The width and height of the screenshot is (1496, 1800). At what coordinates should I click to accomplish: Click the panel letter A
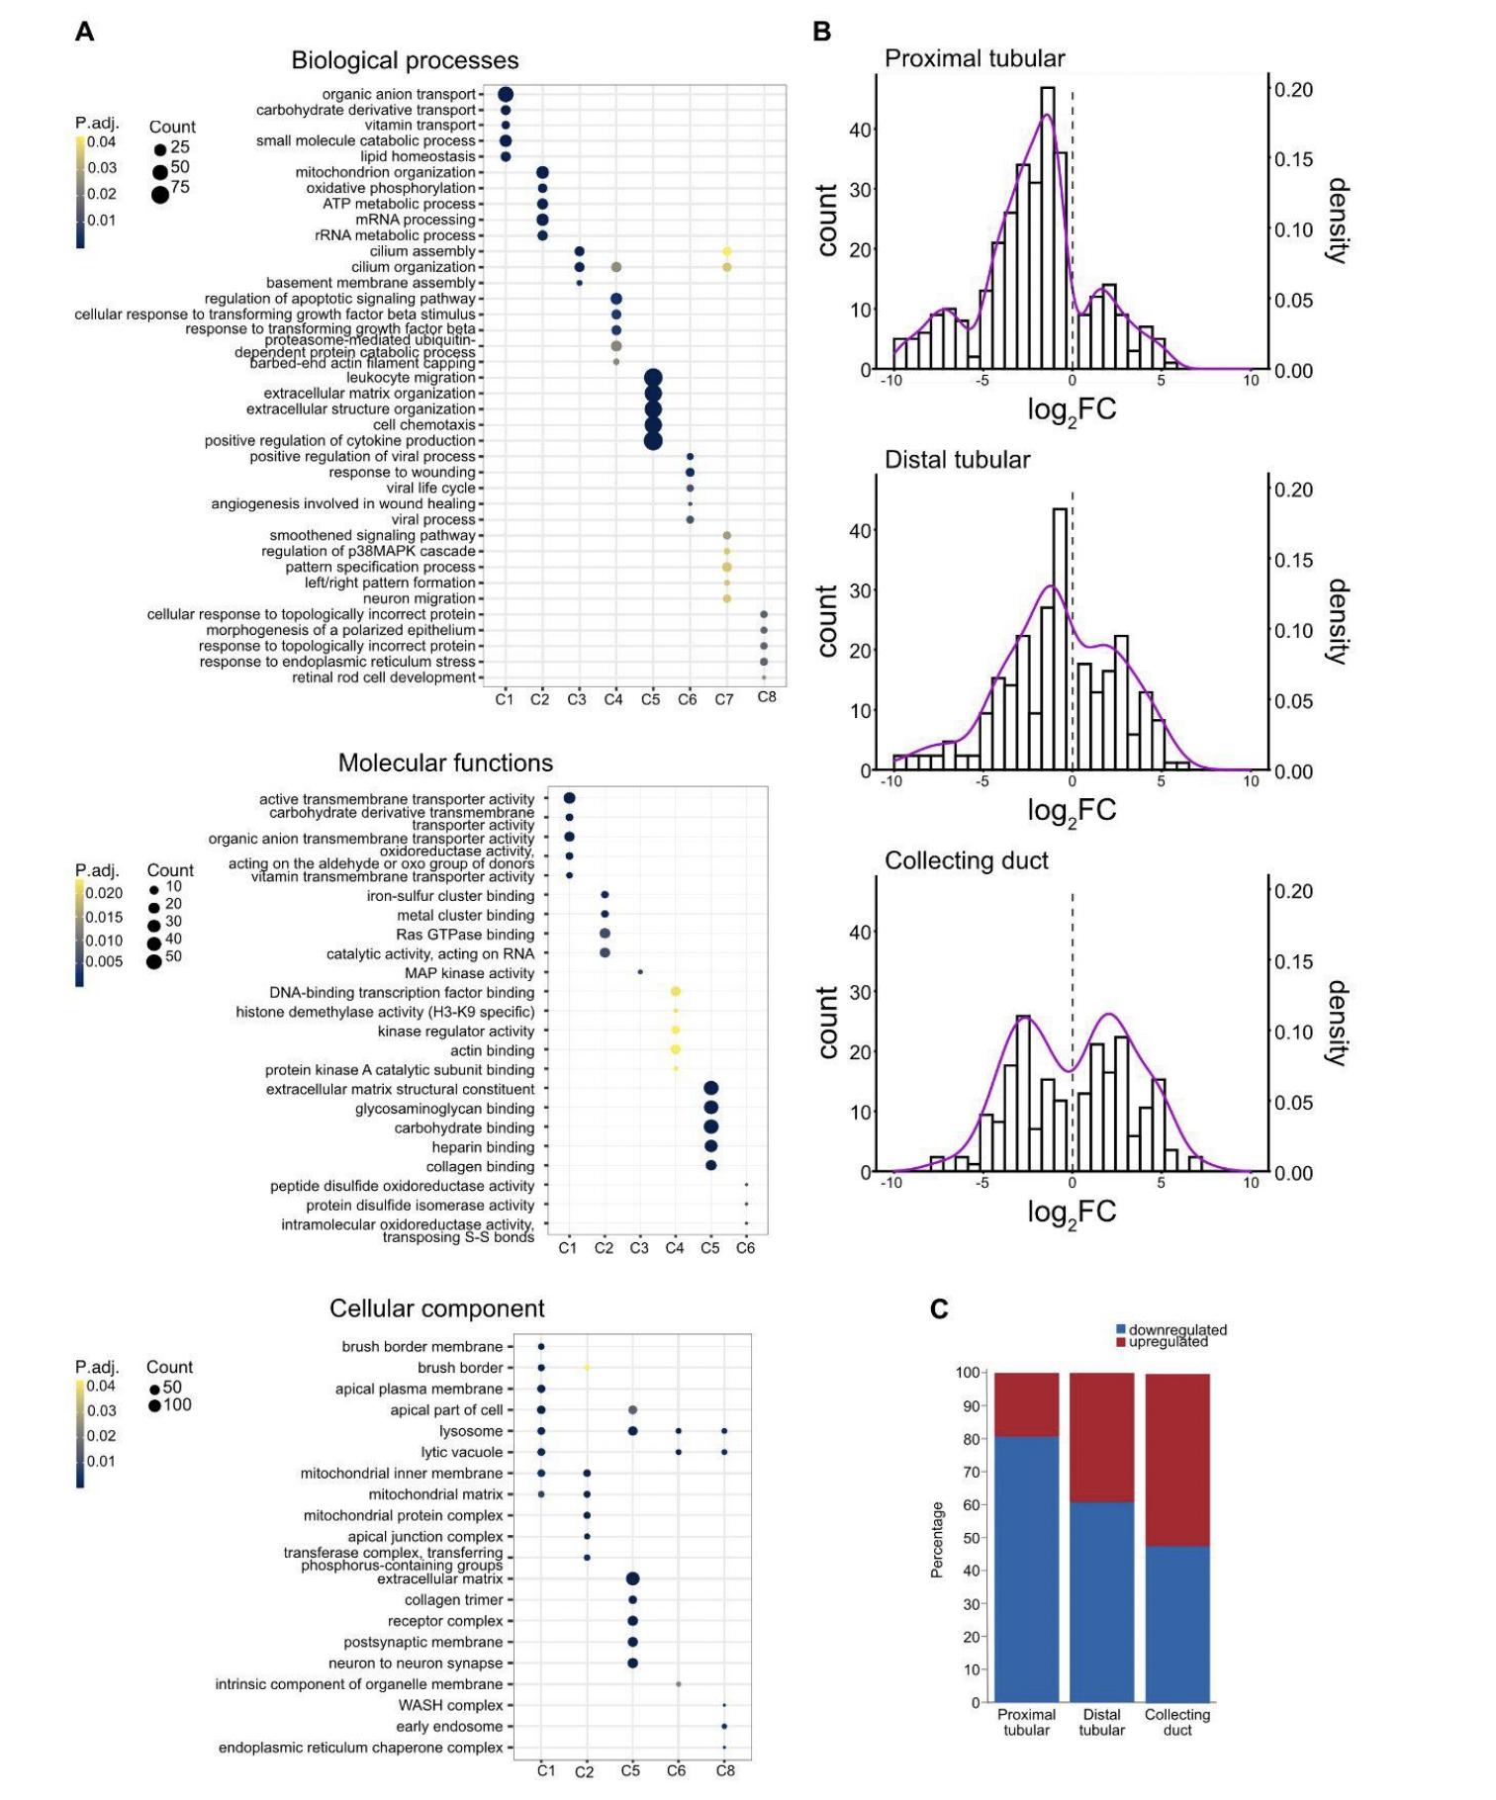coord(85,32)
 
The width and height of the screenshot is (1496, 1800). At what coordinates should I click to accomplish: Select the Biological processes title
coord(404,60)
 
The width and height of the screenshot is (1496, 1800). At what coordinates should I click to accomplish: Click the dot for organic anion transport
coord(505,94)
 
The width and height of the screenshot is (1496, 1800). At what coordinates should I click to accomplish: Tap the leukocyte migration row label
coord(411,378)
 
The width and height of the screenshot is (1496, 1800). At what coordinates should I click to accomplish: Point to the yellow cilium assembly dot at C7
coord(727,252)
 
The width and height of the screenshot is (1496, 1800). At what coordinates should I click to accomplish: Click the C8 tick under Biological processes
coord(767,697)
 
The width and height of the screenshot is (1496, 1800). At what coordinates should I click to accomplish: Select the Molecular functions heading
coord(445,763)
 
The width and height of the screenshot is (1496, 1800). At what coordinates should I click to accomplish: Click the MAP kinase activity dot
coord(640,972)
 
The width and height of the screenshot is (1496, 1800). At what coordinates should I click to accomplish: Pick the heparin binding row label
coord(483,1147)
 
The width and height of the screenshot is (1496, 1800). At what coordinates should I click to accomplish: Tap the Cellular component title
coord(436,1308)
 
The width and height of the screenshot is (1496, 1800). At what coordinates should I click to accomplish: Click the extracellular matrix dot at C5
coord(633,1579)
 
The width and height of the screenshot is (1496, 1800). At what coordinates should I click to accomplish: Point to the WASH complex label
coord(450,1705)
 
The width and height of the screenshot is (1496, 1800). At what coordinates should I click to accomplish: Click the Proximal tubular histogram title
coord(975,58)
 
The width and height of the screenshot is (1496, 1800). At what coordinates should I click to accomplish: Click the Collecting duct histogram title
coord(966,860)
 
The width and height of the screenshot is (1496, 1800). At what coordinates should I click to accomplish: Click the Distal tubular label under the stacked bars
coord(1101,1722)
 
